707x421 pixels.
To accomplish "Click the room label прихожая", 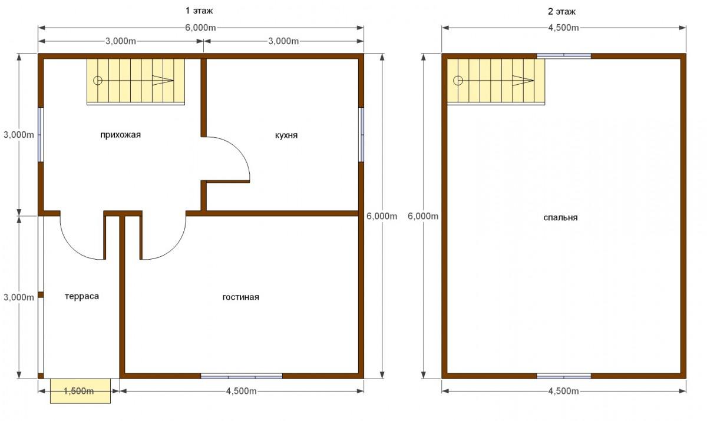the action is (121, 135).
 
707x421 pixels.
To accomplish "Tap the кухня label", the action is (286, 135).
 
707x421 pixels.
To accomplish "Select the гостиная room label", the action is (241, 297).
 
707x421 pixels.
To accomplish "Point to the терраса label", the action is (82, 296).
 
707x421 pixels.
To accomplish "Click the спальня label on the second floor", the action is (560, 218).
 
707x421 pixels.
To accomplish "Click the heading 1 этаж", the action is (199, 11).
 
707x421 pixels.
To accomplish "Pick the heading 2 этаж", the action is (561, 12).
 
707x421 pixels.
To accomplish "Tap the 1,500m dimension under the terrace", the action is (78, 391).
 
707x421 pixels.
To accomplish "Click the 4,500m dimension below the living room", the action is (242, 391).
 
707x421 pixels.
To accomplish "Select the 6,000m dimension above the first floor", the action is (200, 28).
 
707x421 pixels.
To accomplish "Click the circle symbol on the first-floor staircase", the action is (98, 81).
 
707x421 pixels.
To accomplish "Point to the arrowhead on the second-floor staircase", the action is (523, 81).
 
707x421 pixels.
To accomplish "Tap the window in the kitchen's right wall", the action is (361, 135).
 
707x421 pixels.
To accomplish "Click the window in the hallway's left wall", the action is (41, 135).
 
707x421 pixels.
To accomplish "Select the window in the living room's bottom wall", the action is (242, 376).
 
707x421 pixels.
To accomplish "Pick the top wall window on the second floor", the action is (564, 56).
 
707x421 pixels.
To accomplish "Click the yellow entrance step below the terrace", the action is (81, 391).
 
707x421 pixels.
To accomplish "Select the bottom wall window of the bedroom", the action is (564, 376).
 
